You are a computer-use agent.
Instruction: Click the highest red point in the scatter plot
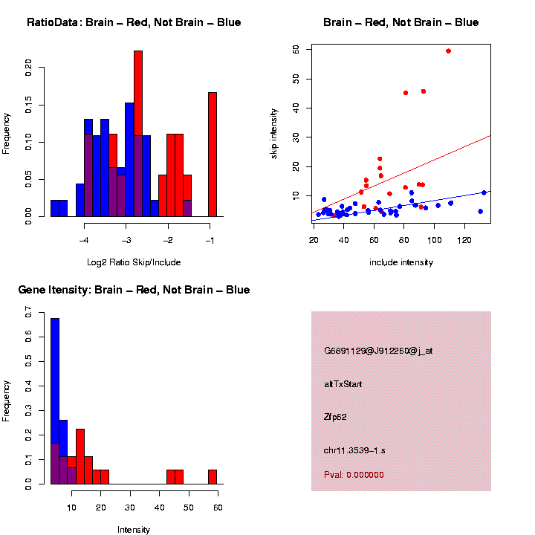pos(448,51)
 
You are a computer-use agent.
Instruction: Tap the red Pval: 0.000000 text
pos(353,475)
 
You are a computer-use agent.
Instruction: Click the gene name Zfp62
pos(336,417)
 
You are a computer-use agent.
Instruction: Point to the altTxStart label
pos(343,384)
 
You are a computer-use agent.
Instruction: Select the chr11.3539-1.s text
pos(353,450)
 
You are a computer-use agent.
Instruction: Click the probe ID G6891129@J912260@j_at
pos(378,351)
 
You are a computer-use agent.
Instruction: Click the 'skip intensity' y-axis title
pos(285,132)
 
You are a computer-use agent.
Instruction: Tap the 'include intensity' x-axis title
pos(401,262)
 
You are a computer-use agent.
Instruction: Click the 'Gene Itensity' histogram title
pos(134,290)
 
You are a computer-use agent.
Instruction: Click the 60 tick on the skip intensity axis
pos(296,50)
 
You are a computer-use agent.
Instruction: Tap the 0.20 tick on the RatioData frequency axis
pos(29,69)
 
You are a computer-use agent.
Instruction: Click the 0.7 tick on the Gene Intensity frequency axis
pos(29,314)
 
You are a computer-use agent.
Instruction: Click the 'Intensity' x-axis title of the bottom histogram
pos(134,530)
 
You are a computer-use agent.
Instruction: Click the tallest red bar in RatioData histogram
pos(138,134)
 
